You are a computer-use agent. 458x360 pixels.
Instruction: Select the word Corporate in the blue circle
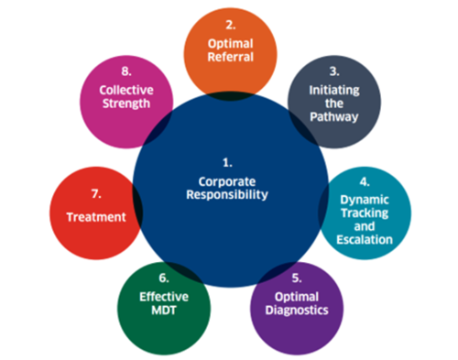(229, 180)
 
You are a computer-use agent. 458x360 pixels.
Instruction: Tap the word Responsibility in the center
(229, 195)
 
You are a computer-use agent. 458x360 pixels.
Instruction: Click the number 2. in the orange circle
(230, 26)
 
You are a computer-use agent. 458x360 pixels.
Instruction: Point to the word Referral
(230, 57)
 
